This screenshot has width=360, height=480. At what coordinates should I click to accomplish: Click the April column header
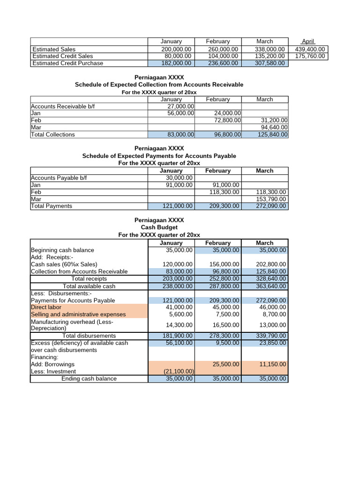[x=308, y=41]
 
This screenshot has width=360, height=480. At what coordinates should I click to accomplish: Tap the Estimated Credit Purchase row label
[x=67, y=63]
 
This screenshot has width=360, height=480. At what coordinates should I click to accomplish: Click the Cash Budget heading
[x=159, y=227]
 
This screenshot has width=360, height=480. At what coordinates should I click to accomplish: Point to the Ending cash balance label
[x=89, y=379]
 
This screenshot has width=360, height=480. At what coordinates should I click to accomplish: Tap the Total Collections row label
[x=53, y=135]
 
